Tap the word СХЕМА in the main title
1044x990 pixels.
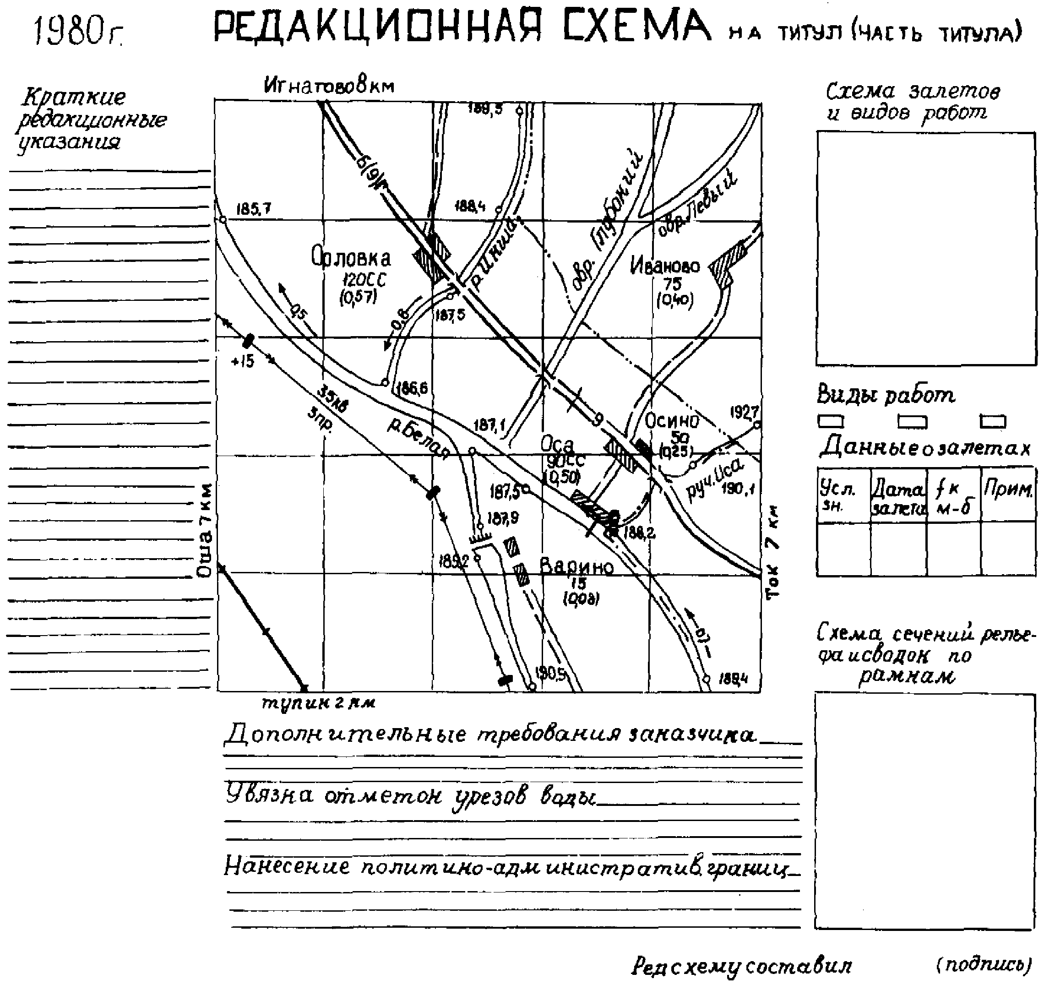coord(636,27)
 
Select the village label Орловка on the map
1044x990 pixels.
coord(351,259)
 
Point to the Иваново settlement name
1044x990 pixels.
coord(664,266)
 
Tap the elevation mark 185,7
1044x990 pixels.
coord(253,209)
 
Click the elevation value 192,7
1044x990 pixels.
coord(745,412)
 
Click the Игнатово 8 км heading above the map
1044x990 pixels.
coord(329,86)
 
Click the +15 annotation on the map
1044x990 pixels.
coord(242,361)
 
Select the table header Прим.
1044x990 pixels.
coord(1007,490)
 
